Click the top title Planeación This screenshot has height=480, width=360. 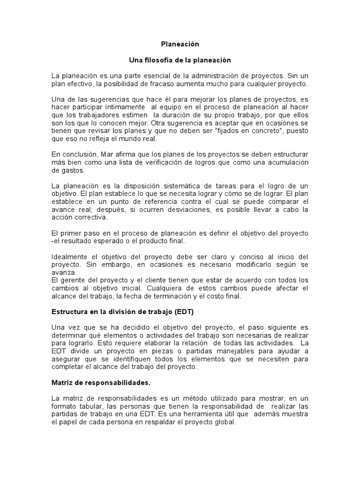coord(180,44)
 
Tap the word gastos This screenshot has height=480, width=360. coord(64,171)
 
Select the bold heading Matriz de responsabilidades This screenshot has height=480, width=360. coord(101,382)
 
